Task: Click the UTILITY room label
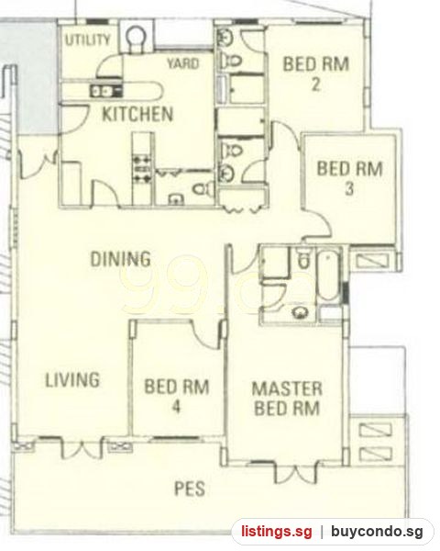tap(88, 39)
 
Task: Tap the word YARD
tap(182, 63)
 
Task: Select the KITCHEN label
tap(137, 114)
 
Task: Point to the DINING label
tap(121, 259)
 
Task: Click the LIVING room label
tap(72, 380)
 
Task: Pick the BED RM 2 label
tap(315, 73)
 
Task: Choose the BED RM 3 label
tap(349, 178)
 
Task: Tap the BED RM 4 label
tap(177, 396)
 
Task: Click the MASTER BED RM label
tap(287, 399)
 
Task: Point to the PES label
tap(190, 489)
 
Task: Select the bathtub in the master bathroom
tap(328, 275)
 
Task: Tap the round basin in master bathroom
tap(300, 311)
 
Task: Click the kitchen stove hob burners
tap(142, 169)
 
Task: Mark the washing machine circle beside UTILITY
tap(135, 36)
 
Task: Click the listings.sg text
tap(276, 532)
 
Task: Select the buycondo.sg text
tap(377, 532)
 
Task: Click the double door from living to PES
tap(82, 447)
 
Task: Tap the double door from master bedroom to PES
tap(295, 472)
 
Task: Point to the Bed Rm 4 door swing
tap(207, 334)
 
